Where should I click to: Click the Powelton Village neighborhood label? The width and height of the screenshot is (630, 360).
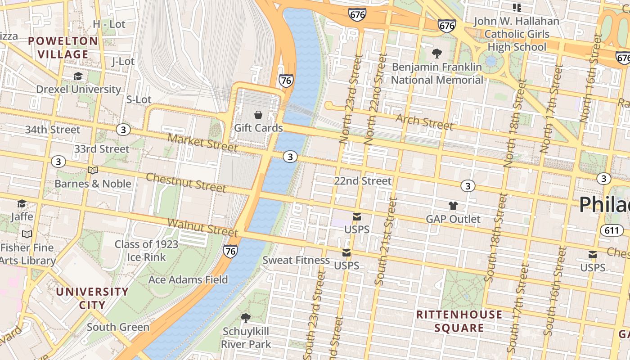pyautogui.click(x=63, y=48)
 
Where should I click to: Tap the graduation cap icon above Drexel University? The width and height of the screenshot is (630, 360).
pyautogui.click(x=78, y=76)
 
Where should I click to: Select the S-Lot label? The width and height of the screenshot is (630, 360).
pyautogui.click(x=139, y=99)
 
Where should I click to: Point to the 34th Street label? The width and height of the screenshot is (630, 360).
pyautogui.click(x=52, y=130)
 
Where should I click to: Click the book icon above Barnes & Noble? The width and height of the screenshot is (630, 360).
pyautogui.click(x=93, y=170)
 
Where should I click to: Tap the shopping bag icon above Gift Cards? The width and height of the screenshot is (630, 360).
pyautogui.click(x=258, y=115)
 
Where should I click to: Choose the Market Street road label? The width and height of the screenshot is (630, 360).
pyautogui.click(x=202, y=142)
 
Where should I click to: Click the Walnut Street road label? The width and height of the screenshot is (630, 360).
pyautogui.click(x=202, y=227)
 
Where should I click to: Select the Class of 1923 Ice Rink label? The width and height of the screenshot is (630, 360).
pyautogui.click(x=146, y=251)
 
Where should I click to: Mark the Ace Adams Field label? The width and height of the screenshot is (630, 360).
pyautogui.click(x=188, y=279)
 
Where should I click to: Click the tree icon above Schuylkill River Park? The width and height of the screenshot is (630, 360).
pyautogui.click(x=246, y=318)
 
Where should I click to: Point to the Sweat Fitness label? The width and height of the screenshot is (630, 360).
pyautogui.click(x=296, y=260)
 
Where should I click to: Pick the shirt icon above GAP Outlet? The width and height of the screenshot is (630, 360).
pyautogui.click(x=453, y=206)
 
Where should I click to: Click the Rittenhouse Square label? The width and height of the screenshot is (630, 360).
pyautogui.click(x=459, y=321)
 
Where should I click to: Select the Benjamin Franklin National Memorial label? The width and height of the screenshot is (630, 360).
pyautogui.click(x=437, y=73)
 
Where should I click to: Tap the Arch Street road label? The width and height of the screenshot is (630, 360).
pyautogui.click(x=424, y=122)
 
